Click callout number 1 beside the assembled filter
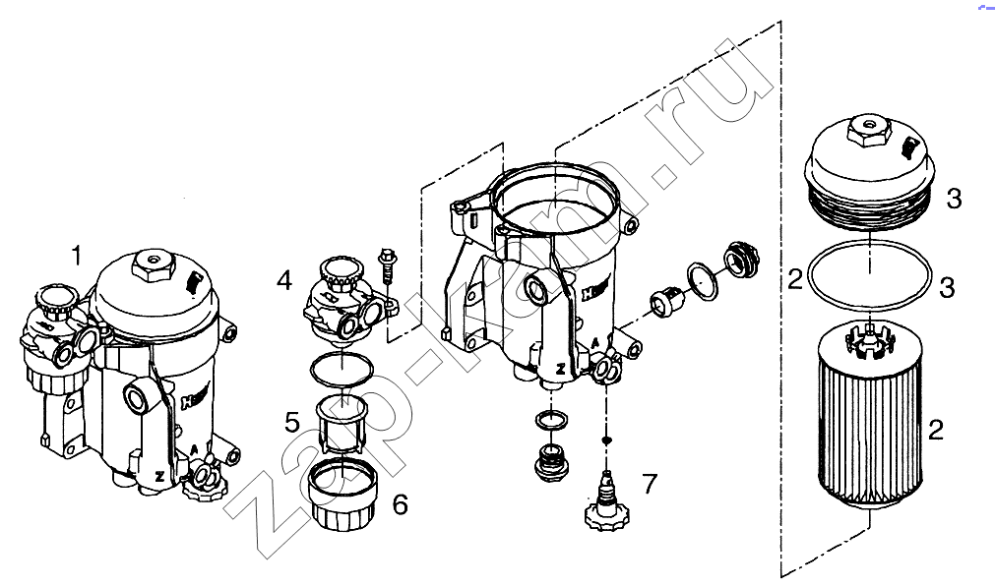pos(77,257)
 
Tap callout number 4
pos(284,279)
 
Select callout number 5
pos(292,423)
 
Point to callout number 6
pos(400,504)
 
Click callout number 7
pos(650,485)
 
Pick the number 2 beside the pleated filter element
pos(935,431)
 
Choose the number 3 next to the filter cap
pos(954,200)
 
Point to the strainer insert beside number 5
pos(342,424)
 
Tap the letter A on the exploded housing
pos(595,343)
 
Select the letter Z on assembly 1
pos(159,476)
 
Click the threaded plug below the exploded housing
pos(551,461)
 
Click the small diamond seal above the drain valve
pos(607,440)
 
